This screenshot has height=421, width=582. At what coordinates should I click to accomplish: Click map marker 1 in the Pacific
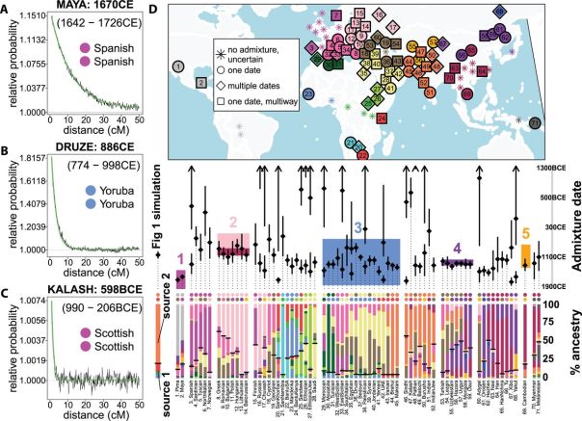[x=178, y=66]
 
